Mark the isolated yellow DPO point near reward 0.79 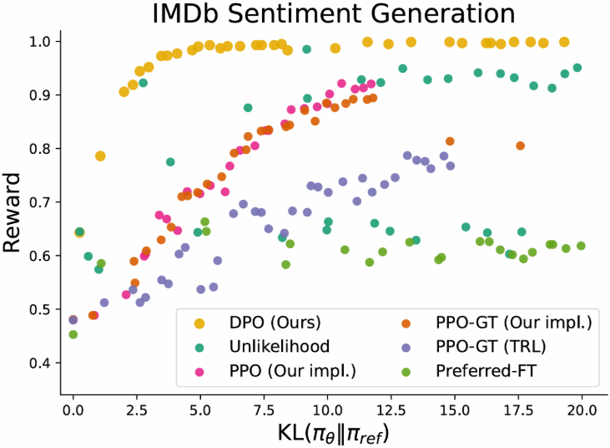pyautogui.click(x=100, y=156)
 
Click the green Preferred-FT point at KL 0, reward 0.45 pyautogui.click(x=73, y=334)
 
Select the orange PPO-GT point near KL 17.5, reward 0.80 pyautogui.click(x=520, y=145)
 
